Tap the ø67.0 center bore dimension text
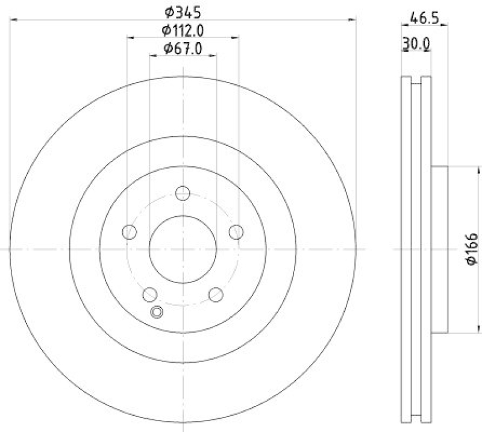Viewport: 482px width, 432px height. [182, 49]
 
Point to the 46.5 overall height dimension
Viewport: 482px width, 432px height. [424, 18]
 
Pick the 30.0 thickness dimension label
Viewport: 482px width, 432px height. [416, 43]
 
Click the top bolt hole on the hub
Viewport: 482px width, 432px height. [183, 193]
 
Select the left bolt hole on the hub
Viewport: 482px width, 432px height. [129, 232]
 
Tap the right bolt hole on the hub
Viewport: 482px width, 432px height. [236, 232]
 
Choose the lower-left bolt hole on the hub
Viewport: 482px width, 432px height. [149, 295]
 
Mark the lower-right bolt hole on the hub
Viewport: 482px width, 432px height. [215, 295]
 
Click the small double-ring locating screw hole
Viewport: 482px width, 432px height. [157, 311]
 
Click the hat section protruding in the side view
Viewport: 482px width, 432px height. [440, 248]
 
